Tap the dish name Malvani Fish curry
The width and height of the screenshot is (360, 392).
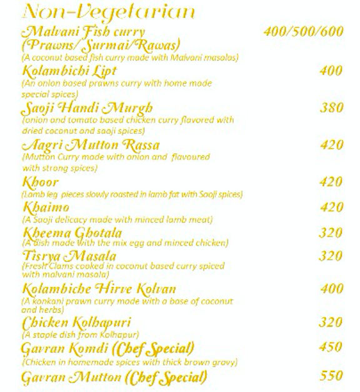tap(82, 32)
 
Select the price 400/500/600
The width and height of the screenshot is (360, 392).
tap(304, 32)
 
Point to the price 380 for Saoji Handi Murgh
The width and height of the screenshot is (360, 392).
tap(331, 108)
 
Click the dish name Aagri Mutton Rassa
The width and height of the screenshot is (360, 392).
tap(91, 146)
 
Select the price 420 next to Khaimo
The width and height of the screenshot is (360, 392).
tap(331, 208)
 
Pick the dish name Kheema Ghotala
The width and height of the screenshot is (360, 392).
tap(72, 233)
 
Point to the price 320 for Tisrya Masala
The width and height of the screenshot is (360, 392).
tap(331, 256)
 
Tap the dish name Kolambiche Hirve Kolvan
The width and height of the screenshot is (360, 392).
tap(99, 289)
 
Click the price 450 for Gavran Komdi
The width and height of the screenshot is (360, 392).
tap(331, 347)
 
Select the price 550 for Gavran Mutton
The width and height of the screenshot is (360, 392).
tap(331, 376)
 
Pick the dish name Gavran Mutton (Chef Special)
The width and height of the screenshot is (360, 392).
tap(114, 377)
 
